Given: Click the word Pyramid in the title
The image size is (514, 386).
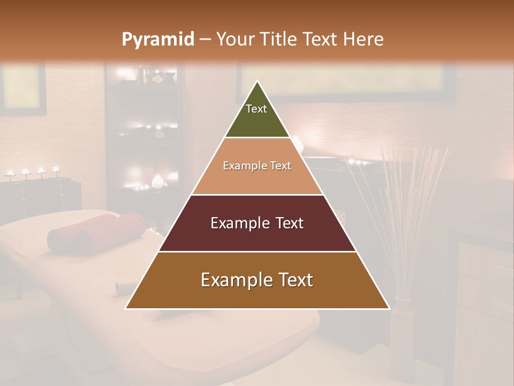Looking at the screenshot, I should (x=157, y=40).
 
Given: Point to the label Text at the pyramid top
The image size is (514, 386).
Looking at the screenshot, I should (x=256, y=109).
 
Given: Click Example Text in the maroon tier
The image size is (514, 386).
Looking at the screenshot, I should (x=257, y=223).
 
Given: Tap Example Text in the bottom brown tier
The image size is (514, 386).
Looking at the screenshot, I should (x=257, y=280).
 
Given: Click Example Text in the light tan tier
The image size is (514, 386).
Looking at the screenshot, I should (x=257, y=166).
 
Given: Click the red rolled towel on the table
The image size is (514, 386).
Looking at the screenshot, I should (x=96, y=232).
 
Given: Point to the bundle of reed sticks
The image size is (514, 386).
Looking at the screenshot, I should (x=412, y=204).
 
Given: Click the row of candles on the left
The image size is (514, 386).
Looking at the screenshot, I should (x=32, y=173).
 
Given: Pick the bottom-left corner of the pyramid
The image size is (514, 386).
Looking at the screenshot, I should (x=126, y=308).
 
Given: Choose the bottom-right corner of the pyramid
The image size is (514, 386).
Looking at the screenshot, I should (x=389, y=308).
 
